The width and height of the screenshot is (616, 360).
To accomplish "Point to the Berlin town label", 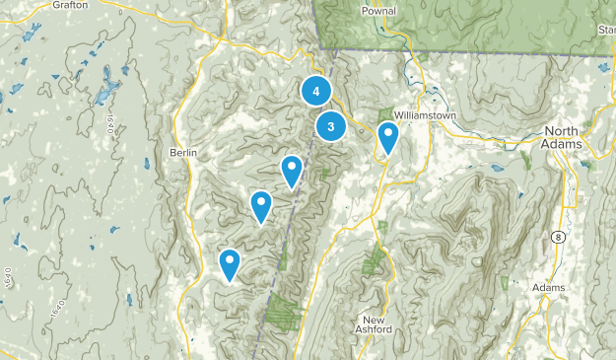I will coord(183,153).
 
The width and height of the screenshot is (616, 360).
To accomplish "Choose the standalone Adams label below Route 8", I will coord(549,287).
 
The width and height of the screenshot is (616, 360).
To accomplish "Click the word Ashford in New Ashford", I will coord(376,330).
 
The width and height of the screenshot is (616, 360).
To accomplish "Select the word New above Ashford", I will coord(372,319).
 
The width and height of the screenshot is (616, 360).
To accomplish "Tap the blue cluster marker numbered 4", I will coord(315,92).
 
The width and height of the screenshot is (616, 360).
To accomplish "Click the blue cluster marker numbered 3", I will coord(331,126).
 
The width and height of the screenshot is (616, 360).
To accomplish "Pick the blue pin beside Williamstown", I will coord(388,138).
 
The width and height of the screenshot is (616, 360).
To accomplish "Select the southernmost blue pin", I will coord(230,264).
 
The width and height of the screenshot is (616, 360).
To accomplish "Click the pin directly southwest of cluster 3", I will coord(292,172).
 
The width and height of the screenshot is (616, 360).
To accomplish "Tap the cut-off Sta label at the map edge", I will coord(606,31).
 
